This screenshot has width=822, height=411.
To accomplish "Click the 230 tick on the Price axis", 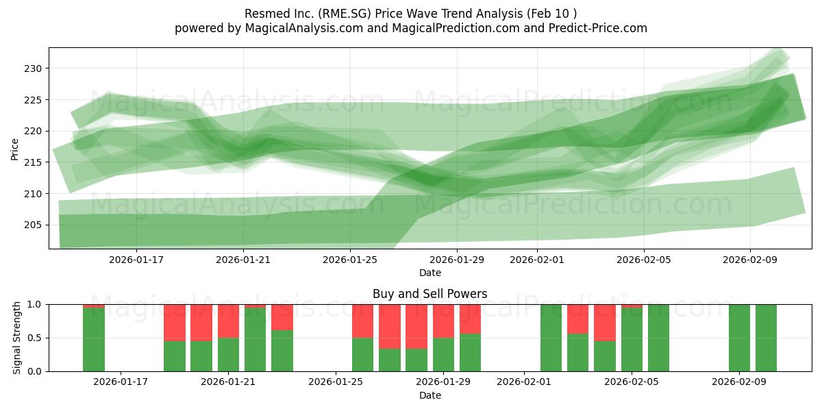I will point(34,68).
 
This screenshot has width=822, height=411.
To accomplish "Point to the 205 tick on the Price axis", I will point(34,225).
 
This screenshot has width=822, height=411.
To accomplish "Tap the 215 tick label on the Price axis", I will point(34,162).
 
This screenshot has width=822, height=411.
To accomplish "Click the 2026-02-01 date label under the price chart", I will point(536,260).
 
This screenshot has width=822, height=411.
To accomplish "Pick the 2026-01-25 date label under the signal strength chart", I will point(336,382).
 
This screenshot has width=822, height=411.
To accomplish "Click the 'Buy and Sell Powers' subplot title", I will point(429,294).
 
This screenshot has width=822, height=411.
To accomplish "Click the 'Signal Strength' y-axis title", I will point(17,337).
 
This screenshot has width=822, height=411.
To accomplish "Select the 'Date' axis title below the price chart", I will point(429,273).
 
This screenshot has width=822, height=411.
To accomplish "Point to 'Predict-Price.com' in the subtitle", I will point(601,28).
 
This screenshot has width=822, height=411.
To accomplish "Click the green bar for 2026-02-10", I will point(766,338).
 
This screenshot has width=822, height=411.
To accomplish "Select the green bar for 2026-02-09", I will point(739,338).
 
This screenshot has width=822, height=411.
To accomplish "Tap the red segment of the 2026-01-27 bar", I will point(390,326).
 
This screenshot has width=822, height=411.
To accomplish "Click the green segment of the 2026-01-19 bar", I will point(175,356).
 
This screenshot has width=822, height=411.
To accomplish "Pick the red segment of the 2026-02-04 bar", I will point(605,322).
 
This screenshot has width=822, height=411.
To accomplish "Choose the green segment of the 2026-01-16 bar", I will point(94,340).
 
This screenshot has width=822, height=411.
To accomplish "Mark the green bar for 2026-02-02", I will point(551,338).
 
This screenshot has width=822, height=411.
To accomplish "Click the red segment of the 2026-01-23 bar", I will point(282,316).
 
